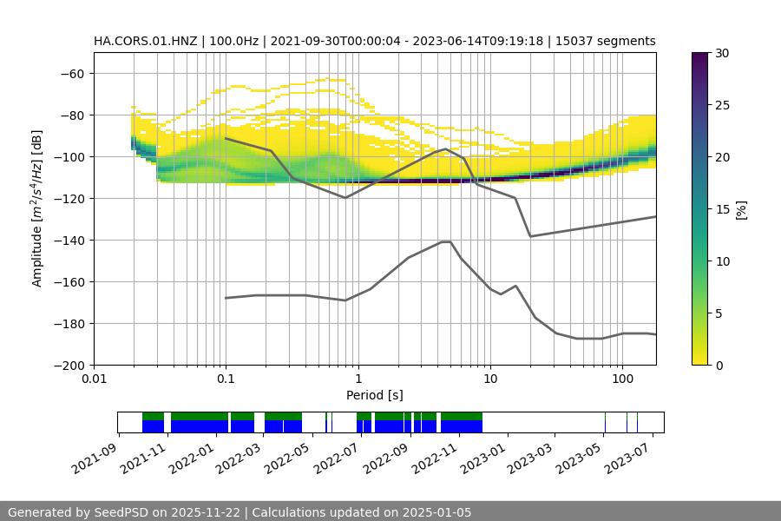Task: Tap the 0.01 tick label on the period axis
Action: pos(94,379)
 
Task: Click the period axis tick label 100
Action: pos(621,379)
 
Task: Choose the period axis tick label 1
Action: pos(358,379)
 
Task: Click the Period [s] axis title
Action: pos(375,395)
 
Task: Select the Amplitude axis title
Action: pos(37,208)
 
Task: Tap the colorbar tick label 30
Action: pos(722,53)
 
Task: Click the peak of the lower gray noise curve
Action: pos(445,241)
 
